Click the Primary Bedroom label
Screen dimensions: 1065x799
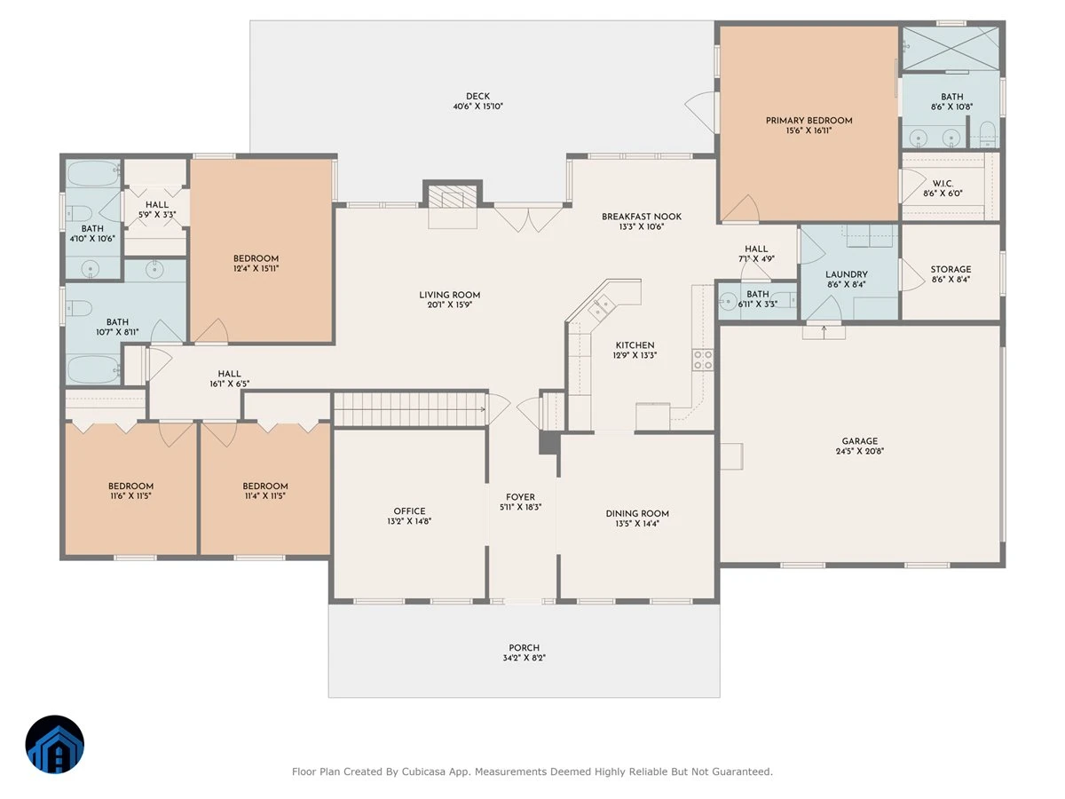click(x=809, y=121)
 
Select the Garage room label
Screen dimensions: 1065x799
click(x=859, y=441)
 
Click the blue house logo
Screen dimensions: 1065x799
click(x=55, y=744)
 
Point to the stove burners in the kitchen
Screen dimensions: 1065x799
click(x=703, y=360)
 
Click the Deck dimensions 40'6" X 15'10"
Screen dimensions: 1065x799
click(x=477, y=107)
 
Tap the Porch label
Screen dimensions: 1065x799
click(x=524, y=648)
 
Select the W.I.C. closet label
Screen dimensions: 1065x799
click(x=943, y=184)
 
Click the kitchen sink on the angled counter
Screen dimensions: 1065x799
click(x=602, y=305)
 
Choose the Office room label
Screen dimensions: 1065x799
click(x=409, y=510)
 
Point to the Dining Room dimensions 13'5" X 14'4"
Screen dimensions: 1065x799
click(x=637, y=524)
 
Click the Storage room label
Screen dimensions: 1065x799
click(x=951, y=269)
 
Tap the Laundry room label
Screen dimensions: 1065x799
click(x=846, y=274)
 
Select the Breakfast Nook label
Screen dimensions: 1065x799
click(x=642, y=217)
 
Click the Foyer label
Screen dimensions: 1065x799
click(x=520, y=497)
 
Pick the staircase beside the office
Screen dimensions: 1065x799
click(x=410, y=409)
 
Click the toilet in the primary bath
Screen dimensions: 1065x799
click(x=988, y=134)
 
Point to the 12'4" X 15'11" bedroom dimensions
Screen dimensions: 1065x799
click(x=256, y=268)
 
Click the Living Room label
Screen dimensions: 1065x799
click(x=449, y=295)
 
